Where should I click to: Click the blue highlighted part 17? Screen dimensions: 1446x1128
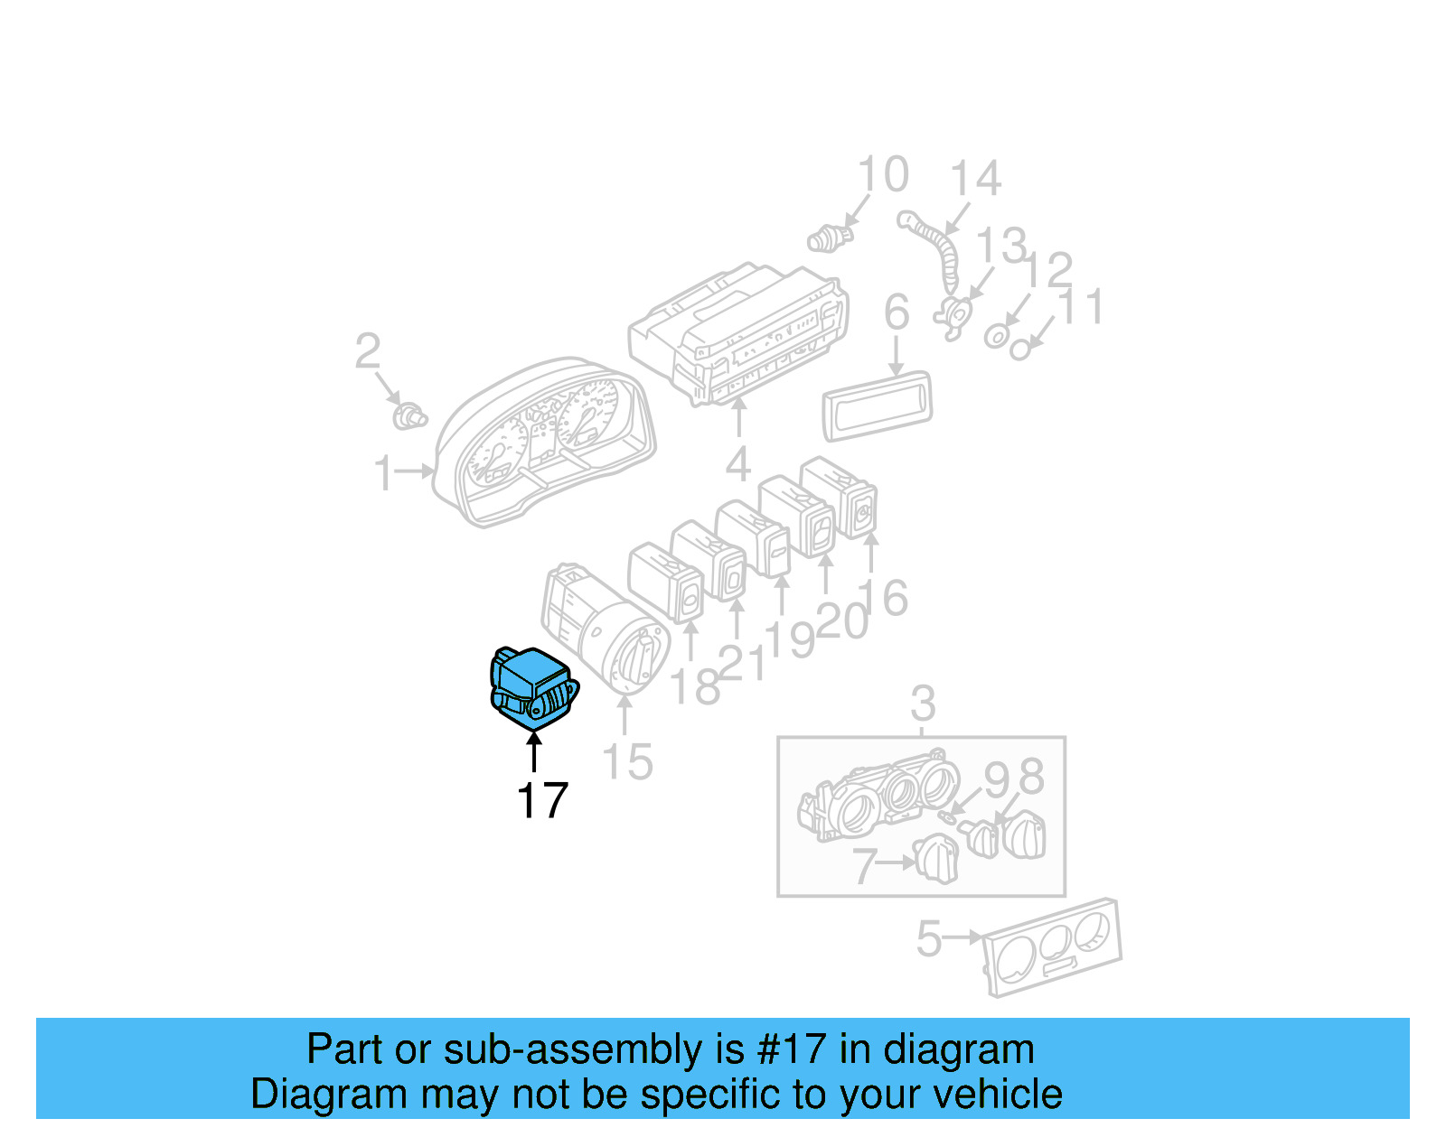533,688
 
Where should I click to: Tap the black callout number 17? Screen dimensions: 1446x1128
542,800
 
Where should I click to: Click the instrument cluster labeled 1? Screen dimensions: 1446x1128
544,442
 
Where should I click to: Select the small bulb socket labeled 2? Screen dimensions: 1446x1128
409,417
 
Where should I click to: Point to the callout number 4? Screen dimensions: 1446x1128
738,464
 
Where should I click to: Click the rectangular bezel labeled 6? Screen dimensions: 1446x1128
877,406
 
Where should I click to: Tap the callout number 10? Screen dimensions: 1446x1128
882,174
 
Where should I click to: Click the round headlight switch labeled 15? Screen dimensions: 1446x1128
605,629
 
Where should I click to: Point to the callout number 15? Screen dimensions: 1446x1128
627,761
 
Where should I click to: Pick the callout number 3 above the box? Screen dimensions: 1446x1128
923,704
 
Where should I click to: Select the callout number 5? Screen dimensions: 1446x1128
929,938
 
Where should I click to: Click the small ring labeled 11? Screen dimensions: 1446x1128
1019,349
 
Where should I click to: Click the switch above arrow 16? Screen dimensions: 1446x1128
839,497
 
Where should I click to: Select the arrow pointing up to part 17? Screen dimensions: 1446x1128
534,751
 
